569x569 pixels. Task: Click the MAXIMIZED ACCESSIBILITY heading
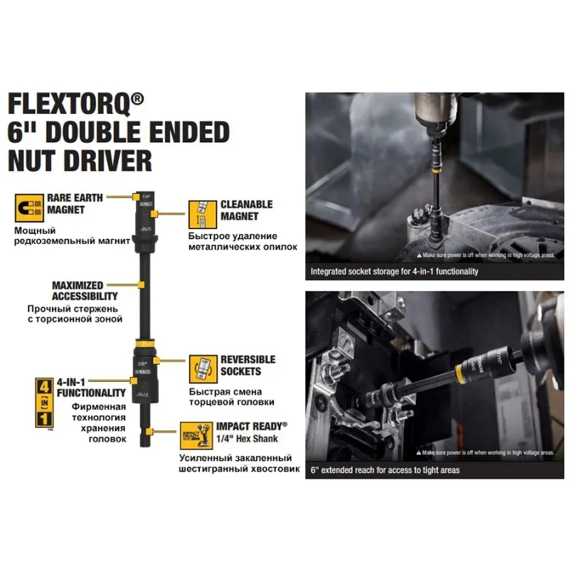pos(85,290)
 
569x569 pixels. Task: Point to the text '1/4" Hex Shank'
pos(243,439)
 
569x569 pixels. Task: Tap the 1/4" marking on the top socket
pos(147,196)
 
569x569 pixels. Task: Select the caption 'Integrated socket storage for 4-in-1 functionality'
pos(394,272)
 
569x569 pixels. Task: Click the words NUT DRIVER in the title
pos(80,160)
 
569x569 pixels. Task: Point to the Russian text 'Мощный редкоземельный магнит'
pos(71,236)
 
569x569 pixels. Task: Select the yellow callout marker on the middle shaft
pos(142,285)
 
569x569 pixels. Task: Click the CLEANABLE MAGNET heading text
pos(246,210)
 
